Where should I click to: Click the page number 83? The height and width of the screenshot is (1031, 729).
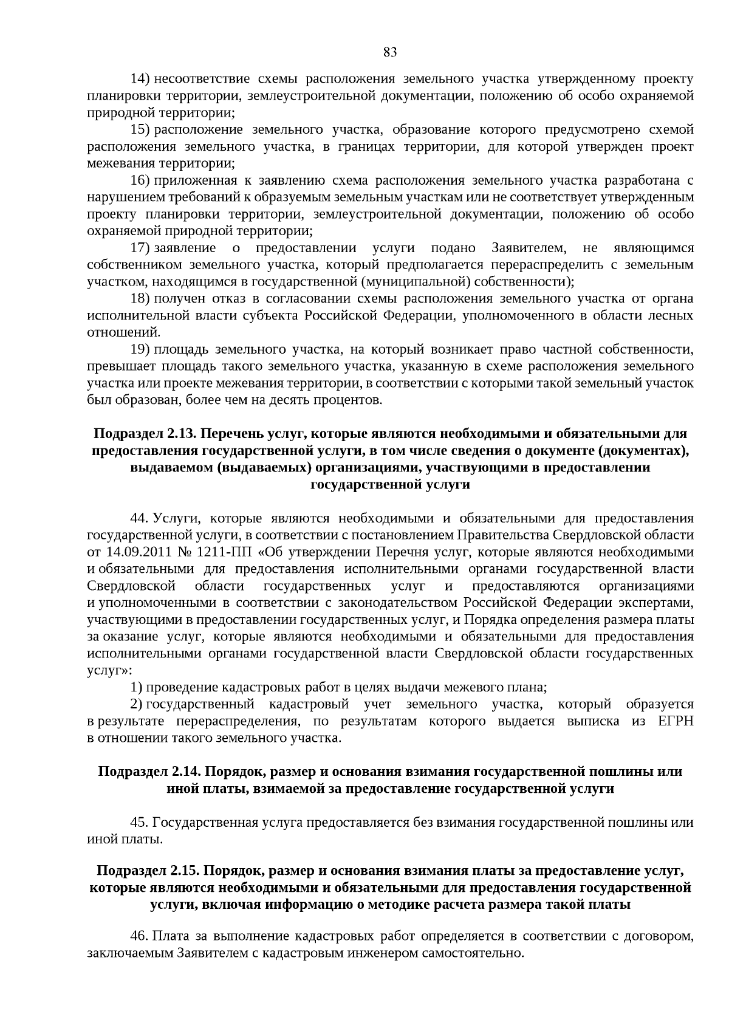[390, 53]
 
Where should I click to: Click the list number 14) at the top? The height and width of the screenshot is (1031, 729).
[140, 79]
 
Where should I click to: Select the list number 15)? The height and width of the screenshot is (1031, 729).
[140, 130]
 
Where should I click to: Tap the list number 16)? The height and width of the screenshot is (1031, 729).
[140, 180]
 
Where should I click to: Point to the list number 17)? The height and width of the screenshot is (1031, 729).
[140, 248]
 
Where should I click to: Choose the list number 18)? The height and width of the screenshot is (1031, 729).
[140, 298]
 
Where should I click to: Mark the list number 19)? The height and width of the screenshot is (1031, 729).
[140, 349]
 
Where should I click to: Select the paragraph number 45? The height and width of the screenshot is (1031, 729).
[139, 823]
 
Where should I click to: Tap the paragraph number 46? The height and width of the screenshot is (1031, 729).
[139, 936]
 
